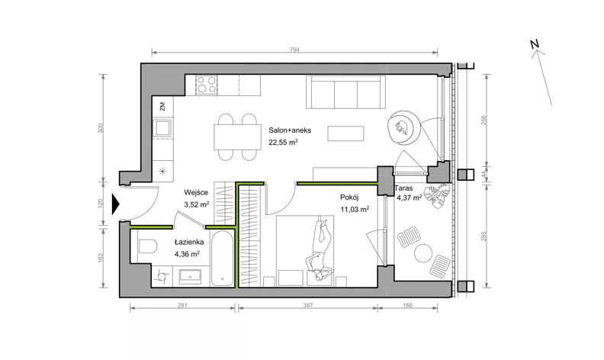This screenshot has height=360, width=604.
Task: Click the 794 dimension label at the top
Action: (x=294, y=50)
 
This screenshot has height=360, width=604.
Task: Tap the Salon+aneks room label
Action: (x=290, y=130)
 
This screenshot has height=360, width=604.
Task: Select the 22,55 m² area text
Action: (x=283, y=142)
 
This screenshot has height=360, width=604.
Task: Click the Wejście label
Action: (x=196, y=192)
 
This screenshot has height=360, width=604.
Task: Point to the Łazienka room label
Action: (x=189, y=242)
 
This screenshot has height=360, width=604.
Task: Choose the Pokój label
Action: (x=349, y=198)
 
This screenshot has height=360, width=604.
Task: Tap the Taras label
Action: (x=403, y=188)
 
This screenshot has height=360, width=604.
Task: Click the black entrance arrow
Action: (x=116, y=204)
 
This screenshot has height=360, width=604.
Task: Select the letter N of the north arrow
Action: (x=534, y=44)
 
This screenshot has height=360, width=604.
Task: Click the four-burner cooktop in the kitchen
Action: (x=206, y=85)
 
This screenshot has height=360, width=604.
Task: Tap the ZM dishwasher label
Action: (x=162, y=106)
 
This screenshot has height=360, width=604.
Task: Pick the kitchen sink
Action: (x=162, y=128)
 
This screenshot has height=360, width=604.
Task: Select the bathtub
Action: (x=222, y=259)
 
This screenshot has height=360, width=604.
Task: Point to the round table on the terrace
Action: (x=423, y=253)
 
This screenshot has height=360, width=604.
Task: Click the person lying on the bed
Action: (x=320, y=249)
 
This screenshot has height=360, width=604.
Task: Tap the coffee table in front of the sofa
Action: (x=345, y=133)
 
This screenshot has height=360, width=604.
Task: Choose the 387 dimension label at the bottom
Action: (x=308, y=305)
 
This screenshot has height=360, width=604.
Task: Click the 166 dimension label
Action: (x=407, y=305)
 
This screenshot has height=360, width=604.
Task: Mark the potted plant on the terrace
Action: (x=437, y=195)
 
